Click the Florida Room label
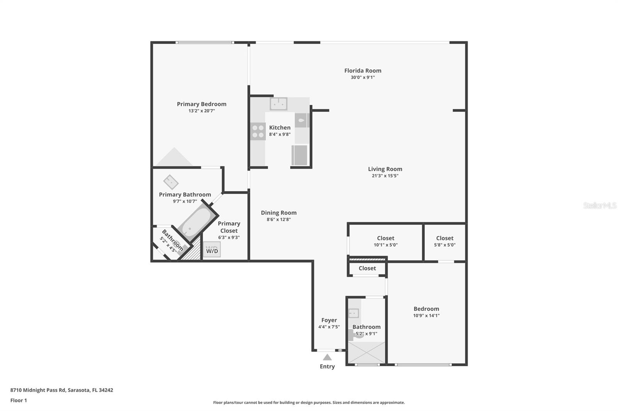pos(363,71)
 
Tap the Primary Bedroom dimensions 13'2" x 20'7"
pos(201,111)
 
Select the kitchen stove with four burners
pos(258,131)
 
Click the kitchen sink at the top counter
pos(278,104)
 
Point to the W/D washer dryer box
pos(212,250)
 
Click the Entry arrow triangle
pos(327,357)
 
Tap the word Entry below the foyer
pos(327,367)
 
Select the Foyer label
pos(329,320)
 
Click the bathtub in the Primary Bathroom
pos(195,223)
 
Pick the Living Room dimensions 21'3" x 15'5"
pos(385,176)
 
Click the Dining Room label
pos(278,213)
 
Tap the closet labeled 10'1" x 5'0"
pos(385,241)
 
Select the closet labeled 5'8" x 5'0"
pos(445,241)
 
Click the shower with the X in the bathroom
pos(367,352)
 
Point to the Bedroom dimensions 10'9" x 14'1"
pos(426,316)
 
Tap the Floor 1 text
pos(19,401)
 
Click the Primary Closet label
pos(229,227)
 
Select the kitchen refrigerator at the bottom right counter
pos(300,155)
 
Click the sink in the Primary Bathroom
pos(170,182)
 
